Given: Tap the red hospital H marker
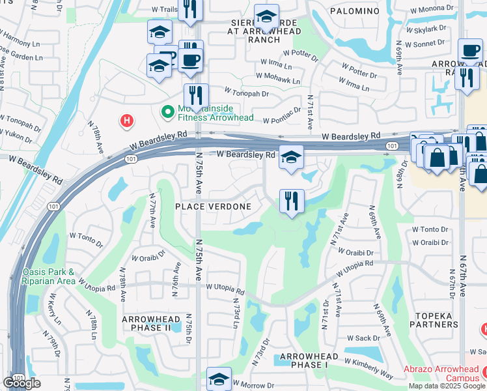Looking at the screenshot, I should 127,121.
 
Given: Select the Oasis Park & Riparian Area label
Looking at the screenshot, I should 49,276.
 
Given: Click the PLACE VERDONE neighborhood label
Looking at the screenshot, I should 213,207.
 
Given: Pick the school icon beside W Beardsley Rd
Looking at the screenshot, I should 291,157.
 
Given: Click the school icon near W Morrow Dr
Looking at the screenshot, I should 219,379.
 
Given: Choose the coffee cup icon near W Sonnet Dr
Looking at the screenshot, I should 469,50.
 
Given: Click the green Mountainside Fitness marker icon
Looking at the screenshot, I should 167,111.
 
